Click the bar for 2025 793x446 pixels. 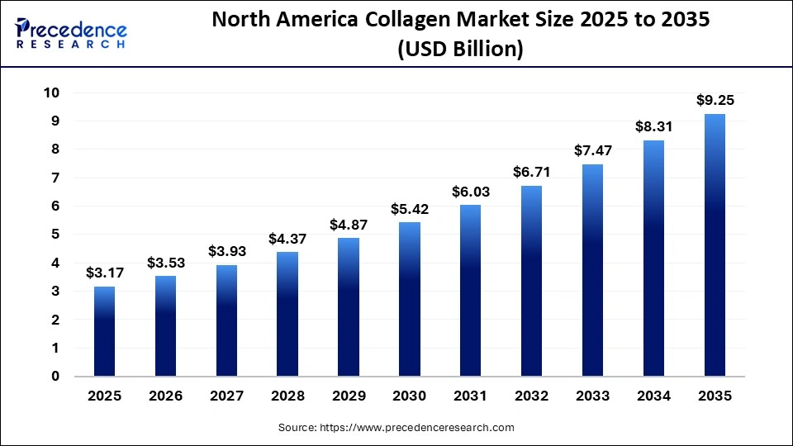pos(104,331)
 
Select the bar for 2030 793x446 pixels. pos(409,299)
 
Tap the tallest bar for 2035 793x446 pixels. pos(715,245)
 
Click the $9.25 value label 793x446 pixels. pos(715,101)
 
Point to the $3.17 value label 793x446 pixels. pos(104,273)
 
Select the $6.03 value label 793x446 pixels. pos(470,192)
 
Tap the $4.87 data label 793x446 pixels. pos(348,225)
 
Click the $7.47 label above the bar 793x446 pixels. pos(592,151)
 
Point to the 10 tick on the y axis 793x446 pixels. pos(51,93)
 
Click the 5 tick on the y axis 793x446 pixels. pos(55,235)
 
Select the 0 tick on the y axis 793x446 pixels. pos(55,377)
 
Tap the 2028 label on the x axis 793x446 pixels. pos(287,396)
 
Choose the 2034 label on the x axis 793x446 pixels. pos(653,396)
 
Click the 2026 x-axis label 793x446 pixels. pos(165,396)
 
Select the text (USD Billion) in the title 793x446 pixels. pos(460,49)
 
